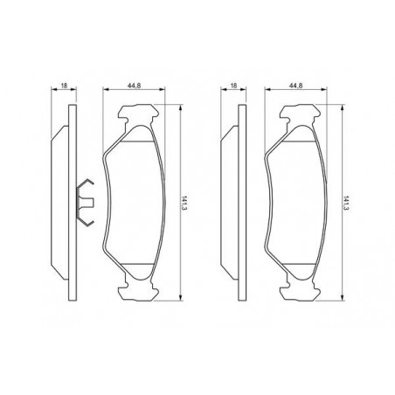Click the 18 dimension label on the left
click(x=64, y=86)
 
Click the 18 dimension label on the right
click(x=233, y=86)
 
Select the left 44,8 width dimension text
click(x=134, y=86)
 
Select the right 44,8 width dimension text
click(x=296, y=86)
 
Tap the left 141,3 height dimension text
click(x=184, y=203)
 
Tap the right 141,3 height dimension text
click(x=346, y=203)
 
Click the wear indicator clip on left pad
click(x=85, y=202)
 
